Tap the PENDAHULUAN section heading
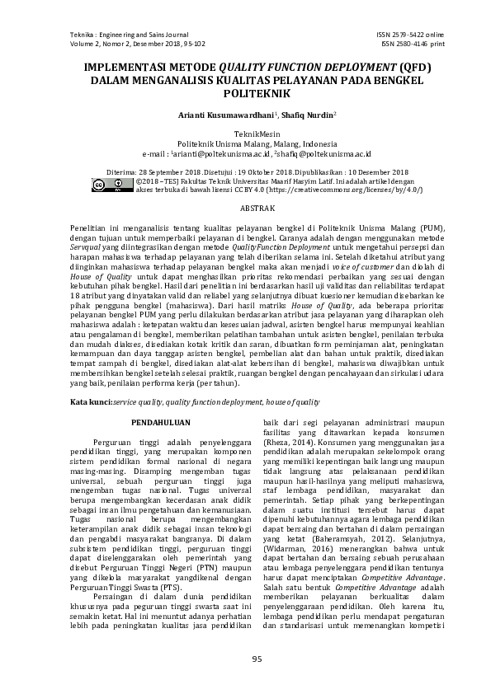click(161, 423)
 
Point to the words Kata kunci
click(91, 401)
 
